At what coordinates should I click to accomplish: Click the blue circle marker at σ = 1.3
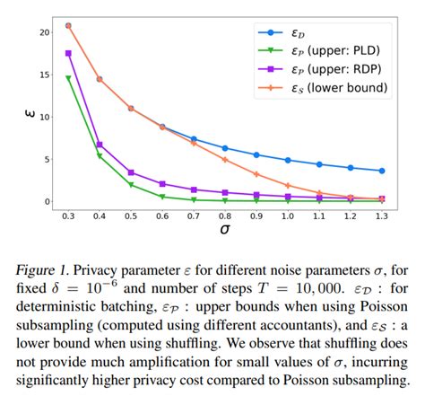pos(383,171)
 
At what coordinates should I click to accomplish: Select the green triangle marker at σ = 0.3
pos(68,79)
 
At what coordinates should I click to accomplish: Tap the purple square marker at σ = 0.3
pos(68,54)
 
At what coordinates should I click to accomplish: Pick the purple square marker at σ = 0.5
pos(131,172)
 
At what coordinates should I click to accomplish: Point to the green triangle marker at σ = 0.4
pos(100,156)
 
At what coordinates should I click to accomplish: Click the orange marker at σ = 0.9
pos(257,174)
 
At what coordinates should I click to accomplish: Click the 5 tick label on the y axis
pos(48,159)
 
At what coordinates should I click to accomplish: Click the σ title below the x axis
pos(225,231)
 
